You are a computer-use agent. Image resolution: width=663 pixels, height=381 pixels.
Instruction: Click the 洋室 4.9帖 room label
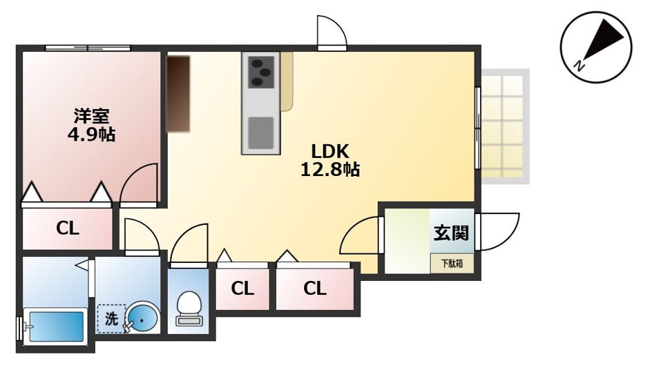pyautogui.click(x=91, y=125)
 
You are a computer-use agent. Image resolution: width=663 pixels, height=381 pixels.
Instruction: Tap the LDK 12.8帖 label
pyautogui.click(x=330, y=160)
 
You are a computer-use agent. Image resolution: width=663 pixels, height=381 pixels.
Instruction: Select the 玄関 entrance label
pyautogui.click(x=451, y=233)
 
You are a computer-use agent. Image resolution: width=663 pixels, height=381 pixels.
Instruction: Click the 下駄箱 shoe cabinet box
pyautogui.click(x=452, y=264)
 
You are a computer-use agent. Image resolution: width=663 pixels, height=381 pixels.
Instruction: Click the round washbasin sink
pyautogui.click(x=143, y=318)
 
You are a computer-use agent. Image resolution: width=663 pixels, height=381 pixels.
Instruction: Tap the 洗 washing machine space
pyautogui.click(x=111, y=319)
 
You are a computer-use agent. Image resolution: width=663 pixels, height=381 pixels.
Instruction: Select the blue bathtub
pyautogui.click(x=55, y=326)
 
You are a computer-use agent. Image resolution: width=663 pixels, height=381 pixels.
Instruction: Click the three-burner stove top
pyautogui.click(x=261, y=72)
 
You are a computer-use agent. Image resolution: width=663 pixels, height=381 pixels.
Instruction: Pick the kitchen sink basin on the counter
pyautogui.click(x=260, y=133)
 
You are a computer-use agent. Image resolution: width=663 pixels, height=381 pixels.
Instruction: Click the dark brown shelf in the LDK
pyautogui.click(x=178, y=94)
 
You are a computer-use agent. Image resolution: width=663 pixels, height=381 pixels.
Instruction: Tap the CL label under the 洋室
pyautogui.click(x=68, y=228)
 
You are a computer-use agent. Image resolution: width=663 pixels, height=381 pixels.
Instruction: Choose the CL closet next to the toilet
pyautogui.click(x=242, y=289)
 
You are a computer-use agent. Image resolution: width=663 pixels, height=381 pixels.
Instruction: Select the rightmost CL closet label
pyautogui.click(x=315, y=289)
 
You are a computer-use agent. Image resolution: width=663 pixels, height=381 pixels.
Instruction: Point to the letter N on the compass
pyautogui.click(x=579, y=66)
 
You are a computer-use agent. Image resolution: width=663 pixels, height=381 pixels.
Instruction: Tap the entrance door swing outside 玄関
pyautogui.click(x=497, y=231)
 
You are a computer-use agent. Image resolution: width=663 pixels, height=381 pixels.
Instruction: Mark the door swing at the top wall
pyautogui.click(x=332, y=33)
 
